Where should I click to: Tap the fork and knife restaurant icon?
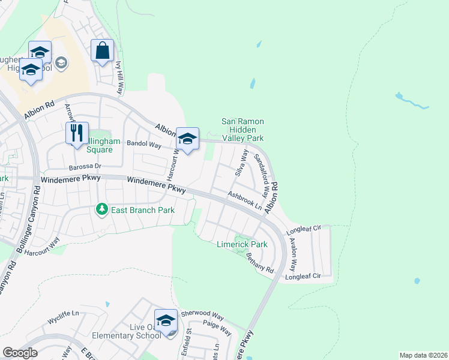point(77,133)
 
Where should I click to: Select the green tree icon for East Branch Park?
point(102,209)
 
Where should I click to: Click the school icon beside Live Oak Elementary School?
point(166,320)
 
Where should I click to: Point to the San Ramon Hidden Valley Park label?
point(243,130)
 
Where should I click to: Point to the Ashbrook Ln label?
point(245,200)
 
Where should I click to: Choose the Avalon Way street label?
point(292,252)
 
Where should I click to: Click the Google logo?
point(20,353)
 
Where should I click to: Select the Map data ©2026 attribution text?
point(423,355)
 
